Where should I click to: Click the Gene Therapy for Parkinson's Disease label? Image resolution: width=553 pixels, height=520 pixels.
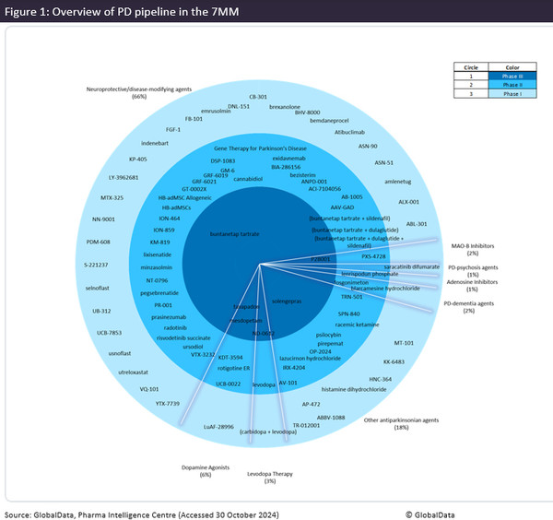pyautogui.click(x=260, y=148)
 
